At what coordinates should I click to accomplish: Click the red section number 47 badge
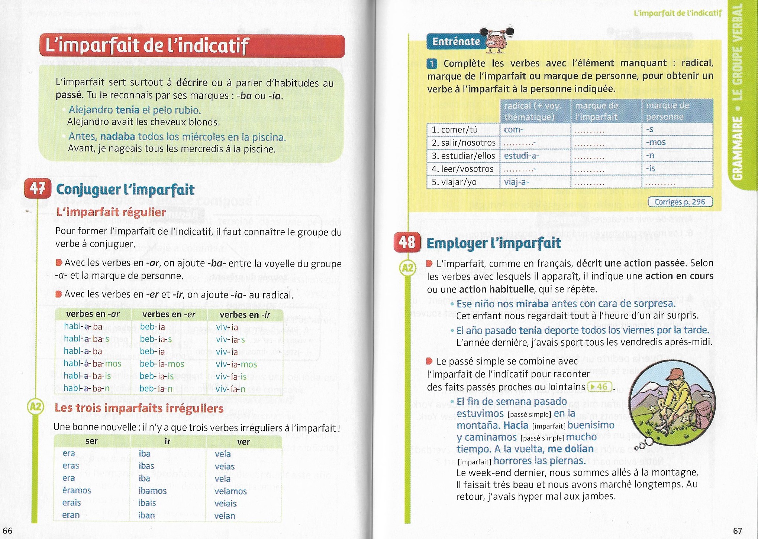(x=38, y=189)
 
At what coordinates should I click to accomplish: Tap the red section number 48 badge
(x=407, y=242)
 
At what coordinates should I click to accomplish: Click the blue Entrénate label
(x=456, y=42)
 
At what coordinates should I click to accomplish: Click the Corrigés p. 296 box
(x=680, y=202)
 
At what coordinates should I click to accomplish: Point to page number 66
(x=7, y=530)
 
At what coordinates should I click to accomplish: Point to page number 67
(x=737, y=530)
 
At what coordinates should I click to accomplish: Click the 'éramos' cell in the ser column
(x=77, y=490)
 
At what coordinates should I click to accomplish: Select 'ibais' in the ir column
(x=147, y=503)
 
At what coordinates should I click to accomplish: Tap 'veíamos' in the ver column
(x=230, y=491)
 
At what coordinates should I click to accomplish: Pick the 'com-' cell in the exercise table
(x=513, y=130)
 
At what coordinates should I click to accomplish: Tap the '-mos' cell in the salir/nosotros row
(x=656, y=143)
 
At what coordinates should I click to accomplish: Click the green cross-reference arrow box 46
(x=599, y=387)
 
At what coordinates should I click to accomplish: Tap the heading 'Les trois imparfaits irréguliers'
(x=139, y=408)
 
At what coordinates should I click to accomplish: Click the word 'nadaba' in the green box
(x=117, y=137)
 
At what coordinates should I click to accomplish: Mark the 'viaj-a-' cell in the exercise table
(x=516, y=182)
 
